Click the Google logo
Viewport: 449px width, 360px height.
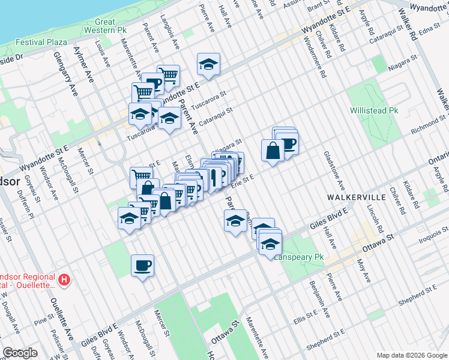pos(20,353)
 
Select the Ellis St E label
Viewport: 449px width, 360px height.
pos(306,314)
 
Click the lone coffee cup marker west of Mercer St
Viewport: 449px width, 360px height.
pos(142,265)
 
